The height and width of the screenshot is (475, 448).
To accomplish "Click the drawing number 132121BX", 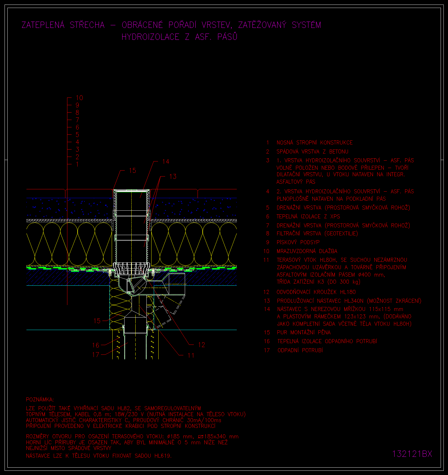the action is [412, 454].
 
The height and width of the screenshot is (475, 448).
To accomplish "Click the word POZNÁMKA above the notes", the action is [40, 399].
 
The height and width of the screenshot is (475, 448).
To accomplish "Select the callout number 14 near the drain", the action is [166, 161].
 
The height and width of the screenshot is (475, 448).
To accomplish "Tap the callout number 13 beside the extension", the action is [173, 177].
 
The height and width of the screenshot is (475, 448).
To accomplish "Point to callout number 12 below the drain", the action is [202, 345].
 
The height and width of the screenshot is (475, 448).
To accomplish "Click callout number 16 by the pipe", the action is [96, 345].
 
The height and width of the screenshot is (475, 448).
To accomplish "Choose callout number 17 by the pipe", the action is [96, 355].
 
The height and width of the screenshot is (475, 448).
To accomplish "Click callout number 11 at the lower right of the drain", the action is [191, 355].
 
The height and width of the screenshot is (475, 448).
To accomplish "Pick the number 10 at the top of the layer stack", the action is [79, 98].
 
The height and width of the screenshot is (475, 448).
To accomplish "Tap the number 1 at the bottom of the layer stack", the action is [77, 164].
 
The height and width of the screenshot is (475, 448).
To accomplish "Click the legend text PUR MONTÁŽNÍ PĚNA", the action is [304, 332].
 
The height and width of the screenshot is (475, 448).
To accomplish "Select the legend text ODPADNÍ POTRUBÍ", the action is [300, 350].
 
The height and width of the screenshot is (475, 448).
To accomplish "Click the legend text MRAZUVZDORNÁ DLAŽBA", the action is [307, 251].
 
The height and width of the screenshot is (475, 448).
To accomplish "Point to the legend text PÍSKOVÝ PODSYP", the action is [298, 242].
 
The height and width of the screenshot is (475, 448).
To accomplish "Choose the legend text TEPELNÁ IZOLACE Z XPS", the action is [308, 216].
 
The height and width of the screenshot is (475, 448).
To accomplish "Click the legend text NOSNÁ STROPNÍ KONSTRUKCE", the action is [315, 142].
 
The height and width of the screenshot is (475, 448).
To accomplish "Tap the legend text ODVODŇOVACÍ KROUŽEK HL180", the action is [316, 292].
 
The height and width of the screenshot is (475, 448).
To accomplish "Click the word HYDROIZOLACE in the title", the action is [150, 37].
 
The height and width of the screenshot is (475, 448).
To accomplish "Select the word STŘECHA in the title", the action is [87, 25].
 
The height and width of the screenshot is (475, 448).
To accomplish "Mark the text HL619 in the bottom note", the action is [163, 456].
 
